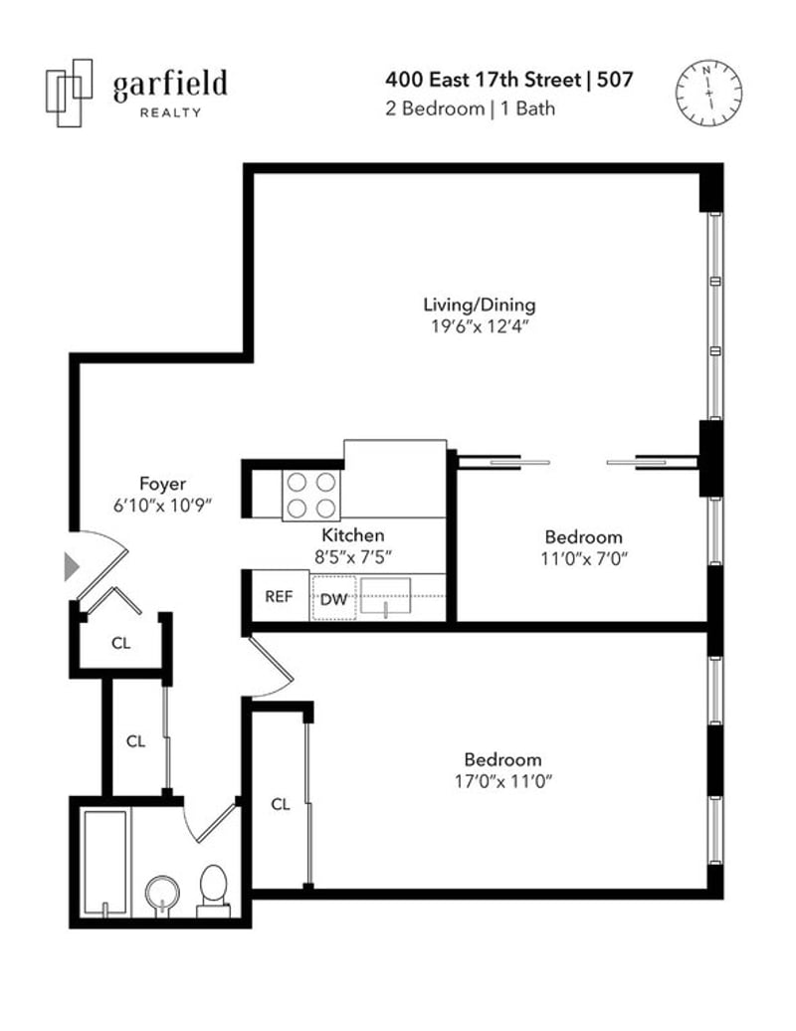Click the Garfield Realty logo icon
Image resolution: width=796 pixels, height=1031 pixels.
pos(69,93)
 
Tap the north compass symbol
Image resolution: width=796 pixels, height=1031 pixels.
pos(709,93)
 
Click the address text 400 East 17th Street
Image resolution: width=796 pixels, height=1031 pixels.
pos(484,81)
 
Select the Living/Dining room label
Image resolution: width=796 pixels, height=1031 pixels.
pos(480,305)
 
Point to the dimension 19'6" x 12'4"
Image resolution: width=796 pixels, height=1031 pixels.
pos(480,326)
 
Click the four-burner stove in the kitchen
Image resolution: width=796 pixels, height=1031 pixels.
pos(311,496)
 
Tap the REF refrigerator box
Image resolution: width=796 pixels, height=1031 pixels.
pos(280,596)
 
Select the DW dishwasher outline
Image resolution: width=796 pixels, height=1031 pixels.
pos(334,598)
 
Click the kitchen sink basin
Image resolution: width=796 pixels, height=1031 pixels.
pos(386,596)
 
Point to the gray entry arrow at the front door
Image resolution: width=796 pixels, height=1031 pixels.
pos(71,566)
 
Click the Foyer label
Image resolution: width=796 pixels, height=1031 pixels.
pos(162,484)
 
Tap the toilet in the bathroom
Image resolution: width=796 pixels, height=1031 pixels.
pos(213,892)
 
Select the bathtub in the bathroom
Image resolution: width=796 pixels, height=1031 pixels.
pos(105,863)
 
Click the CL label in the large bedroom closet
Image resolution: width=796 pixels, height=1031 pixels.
pos(281,804)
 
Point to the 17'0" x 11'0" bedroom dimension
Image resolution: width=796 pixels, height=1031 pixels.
pos(502,782)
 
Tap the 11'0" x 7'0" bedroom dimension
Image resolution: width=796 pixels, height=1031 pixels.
pos(584,559)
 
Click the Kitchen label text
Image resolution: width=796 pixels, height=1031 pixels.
pos(353,535)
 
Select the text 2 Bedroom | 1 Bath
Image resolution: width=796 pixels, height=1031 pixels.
pos(470,108)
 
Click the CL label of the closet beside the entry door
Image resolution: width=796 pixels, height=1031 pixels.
pos(121,643)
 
